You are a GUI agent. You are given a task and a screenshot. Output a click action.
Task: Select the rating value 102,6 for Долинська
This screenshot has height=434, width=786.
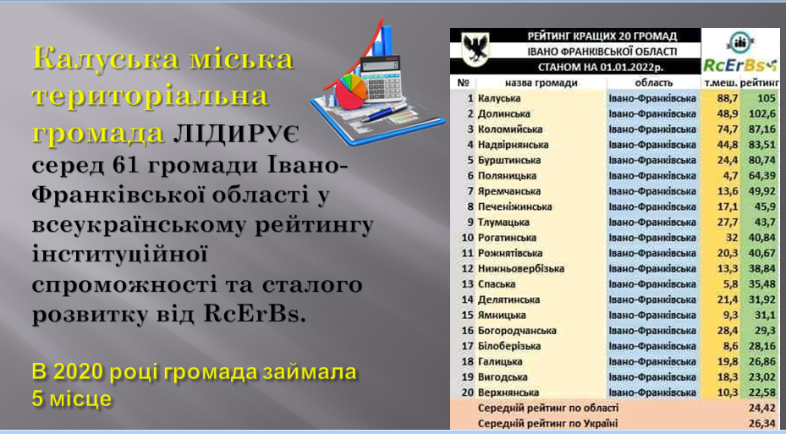click(762, 113)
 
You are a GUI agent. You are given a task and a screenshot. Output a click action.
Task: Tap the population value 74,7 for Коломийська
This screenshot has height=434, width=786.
click(728, 129)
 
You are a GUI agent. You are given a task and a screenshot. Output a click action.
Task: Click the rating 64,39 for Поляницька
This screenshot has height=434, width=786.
click(762, 176)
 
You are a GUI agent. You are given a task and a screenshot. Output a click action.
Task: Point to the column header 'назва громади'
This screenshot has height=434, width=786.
click(541, 83)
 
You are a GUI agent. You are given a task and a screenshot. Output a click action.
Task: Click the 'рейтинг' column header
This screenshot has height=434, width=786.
click(760, 83)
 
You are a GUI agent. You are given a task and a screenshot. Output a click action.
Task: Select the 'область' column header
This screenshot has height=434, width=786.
click(654, 83)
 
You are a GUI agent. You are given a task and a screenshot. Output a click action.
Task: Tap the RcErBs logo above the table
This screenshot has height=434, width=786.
click(739, 53)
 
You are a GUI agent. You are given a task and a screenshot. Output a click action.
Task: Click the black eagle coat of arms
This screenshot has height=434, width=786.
click(475, 50)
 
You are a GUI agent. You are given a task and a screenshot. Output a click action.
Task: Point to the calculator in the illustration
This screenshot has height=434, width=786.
click(382, 77)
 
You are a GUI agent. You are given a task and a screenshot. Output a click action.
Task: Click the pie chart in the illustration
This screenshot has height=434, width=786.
click(350, 91)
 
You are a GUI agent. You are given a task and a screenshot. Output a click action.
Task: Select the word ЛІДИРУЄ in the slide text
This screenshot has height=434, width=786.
click(235, 135)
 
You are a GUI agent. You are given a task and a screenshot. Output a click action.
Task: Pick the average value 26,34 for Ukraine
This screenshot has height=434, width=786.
click(762, 424)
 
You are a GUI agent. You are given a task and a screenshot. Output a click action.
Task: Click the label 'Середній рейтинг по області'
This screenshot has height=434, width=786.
click(548, 409)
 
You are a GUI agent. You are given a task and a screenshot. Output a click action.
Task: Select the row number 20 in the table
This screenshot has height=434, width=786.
click(467, 393)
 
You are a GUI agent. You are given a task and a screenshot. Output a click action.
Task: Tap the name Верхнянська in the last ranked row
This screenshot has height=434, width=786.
click(508, 393)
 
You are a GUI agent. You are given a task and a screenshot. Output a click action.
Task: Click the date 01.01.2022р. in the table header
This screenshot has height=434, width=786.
click(631, 67)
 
